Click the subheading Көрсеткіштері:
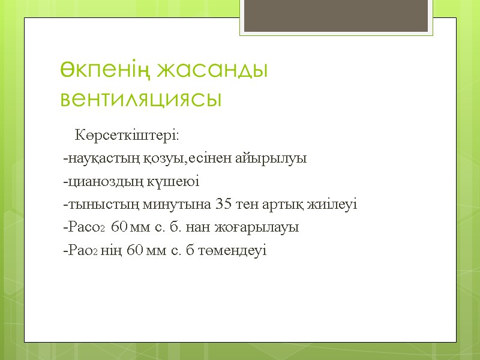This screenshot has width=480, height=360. click(126, 134)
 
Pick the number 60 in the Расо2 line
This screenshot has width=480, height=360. click(120, 228)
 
